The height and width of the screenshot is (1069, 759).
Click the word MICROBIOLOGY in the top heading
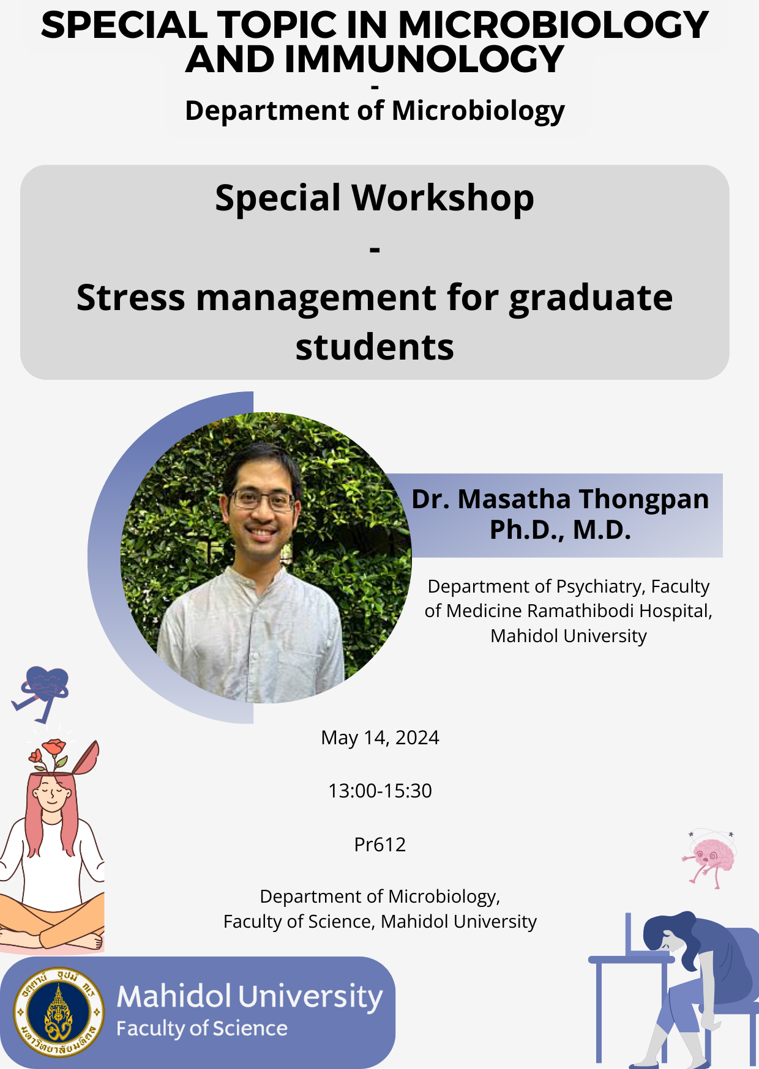click(553, 25)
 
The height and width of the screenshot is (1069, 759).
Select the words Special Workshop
click(375, 198)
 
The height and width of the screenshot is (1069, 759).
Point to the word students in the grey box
click(375, 347)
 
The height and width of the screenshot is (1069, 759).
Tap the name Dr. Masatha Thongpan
click(560, 499)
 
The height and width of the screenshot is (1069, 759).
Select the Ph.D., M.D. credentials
click(560, 530)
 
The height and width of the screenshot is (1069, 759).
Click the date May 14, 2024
click(380, 738)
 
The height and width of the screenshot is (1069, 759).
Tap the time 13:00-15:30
click(380, 791)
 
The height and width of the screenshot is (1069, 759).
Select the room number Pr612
click(380, 845)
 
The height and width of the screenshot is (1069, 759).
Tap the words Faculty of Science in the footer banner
click(202, 1029)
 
